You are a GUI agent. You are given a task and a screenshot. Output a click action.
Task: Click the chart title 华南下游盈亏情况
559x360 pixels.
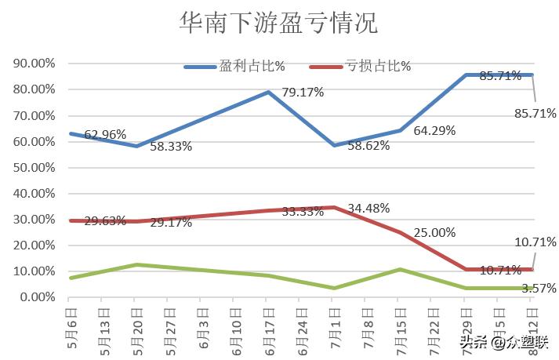point(278,24)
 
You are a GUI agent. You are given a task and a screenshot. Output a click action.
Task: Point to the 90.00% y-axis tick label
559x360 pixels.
point(34,64)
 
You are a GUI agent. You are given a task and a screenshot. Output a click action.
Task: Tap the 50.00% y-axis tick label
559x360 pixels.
point(34,168)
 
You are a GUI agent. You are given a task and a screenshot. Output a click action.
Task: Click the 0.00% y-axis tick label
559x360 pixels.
point(37,298)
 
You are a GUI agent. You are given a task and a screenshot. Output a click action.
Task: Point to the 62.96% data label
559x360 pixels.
point(105,134)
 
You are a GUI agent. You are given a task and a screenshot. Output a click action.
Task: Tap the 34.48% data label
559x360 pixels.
point(368,209)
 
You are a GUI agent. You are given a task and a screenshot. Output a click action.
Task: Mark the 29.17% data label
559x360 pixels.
point(171,223)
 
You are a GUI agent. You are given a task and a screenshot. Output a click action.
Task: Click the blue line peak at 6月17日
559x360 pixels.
point(268,92)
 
